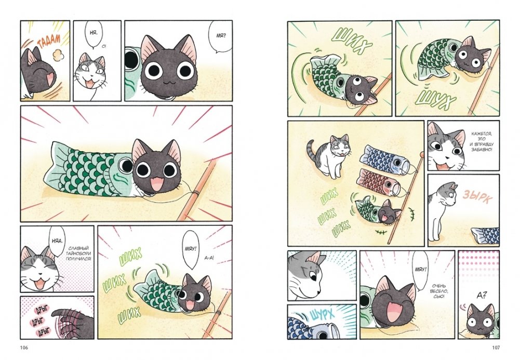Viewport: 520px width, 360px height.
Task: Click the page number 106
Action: (24, 348)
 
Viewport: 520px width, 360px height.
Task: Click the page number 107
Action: (496, 348)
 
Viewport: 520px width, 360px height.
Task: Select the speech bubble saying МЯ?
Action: (220, 36)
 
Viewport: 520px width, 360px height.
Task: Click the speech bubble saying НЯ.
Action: (93, 34)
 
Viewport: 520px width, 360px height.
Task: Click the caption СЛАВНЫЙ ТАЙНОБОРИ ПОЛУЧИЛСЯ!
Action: (78, 254)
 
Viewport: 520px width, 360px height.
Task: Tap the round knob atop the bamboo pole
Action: (422, 154)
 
